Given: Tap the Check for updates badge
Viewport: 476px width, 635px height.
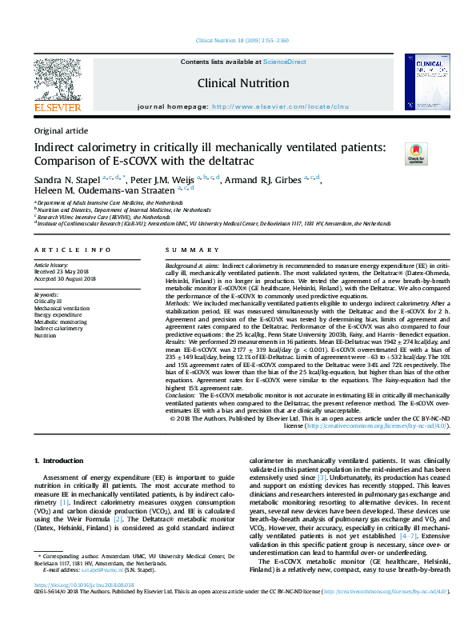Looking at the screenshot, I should pos(416,152).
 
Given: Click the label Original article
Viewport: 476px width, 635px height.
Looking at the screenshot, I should pos(62,130).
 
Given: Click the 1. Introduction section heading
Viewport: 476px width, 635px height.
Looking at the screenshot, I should pos(61,461).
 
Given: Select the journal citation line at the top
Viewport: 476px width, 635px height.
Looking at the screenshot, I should pos(238,39).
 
